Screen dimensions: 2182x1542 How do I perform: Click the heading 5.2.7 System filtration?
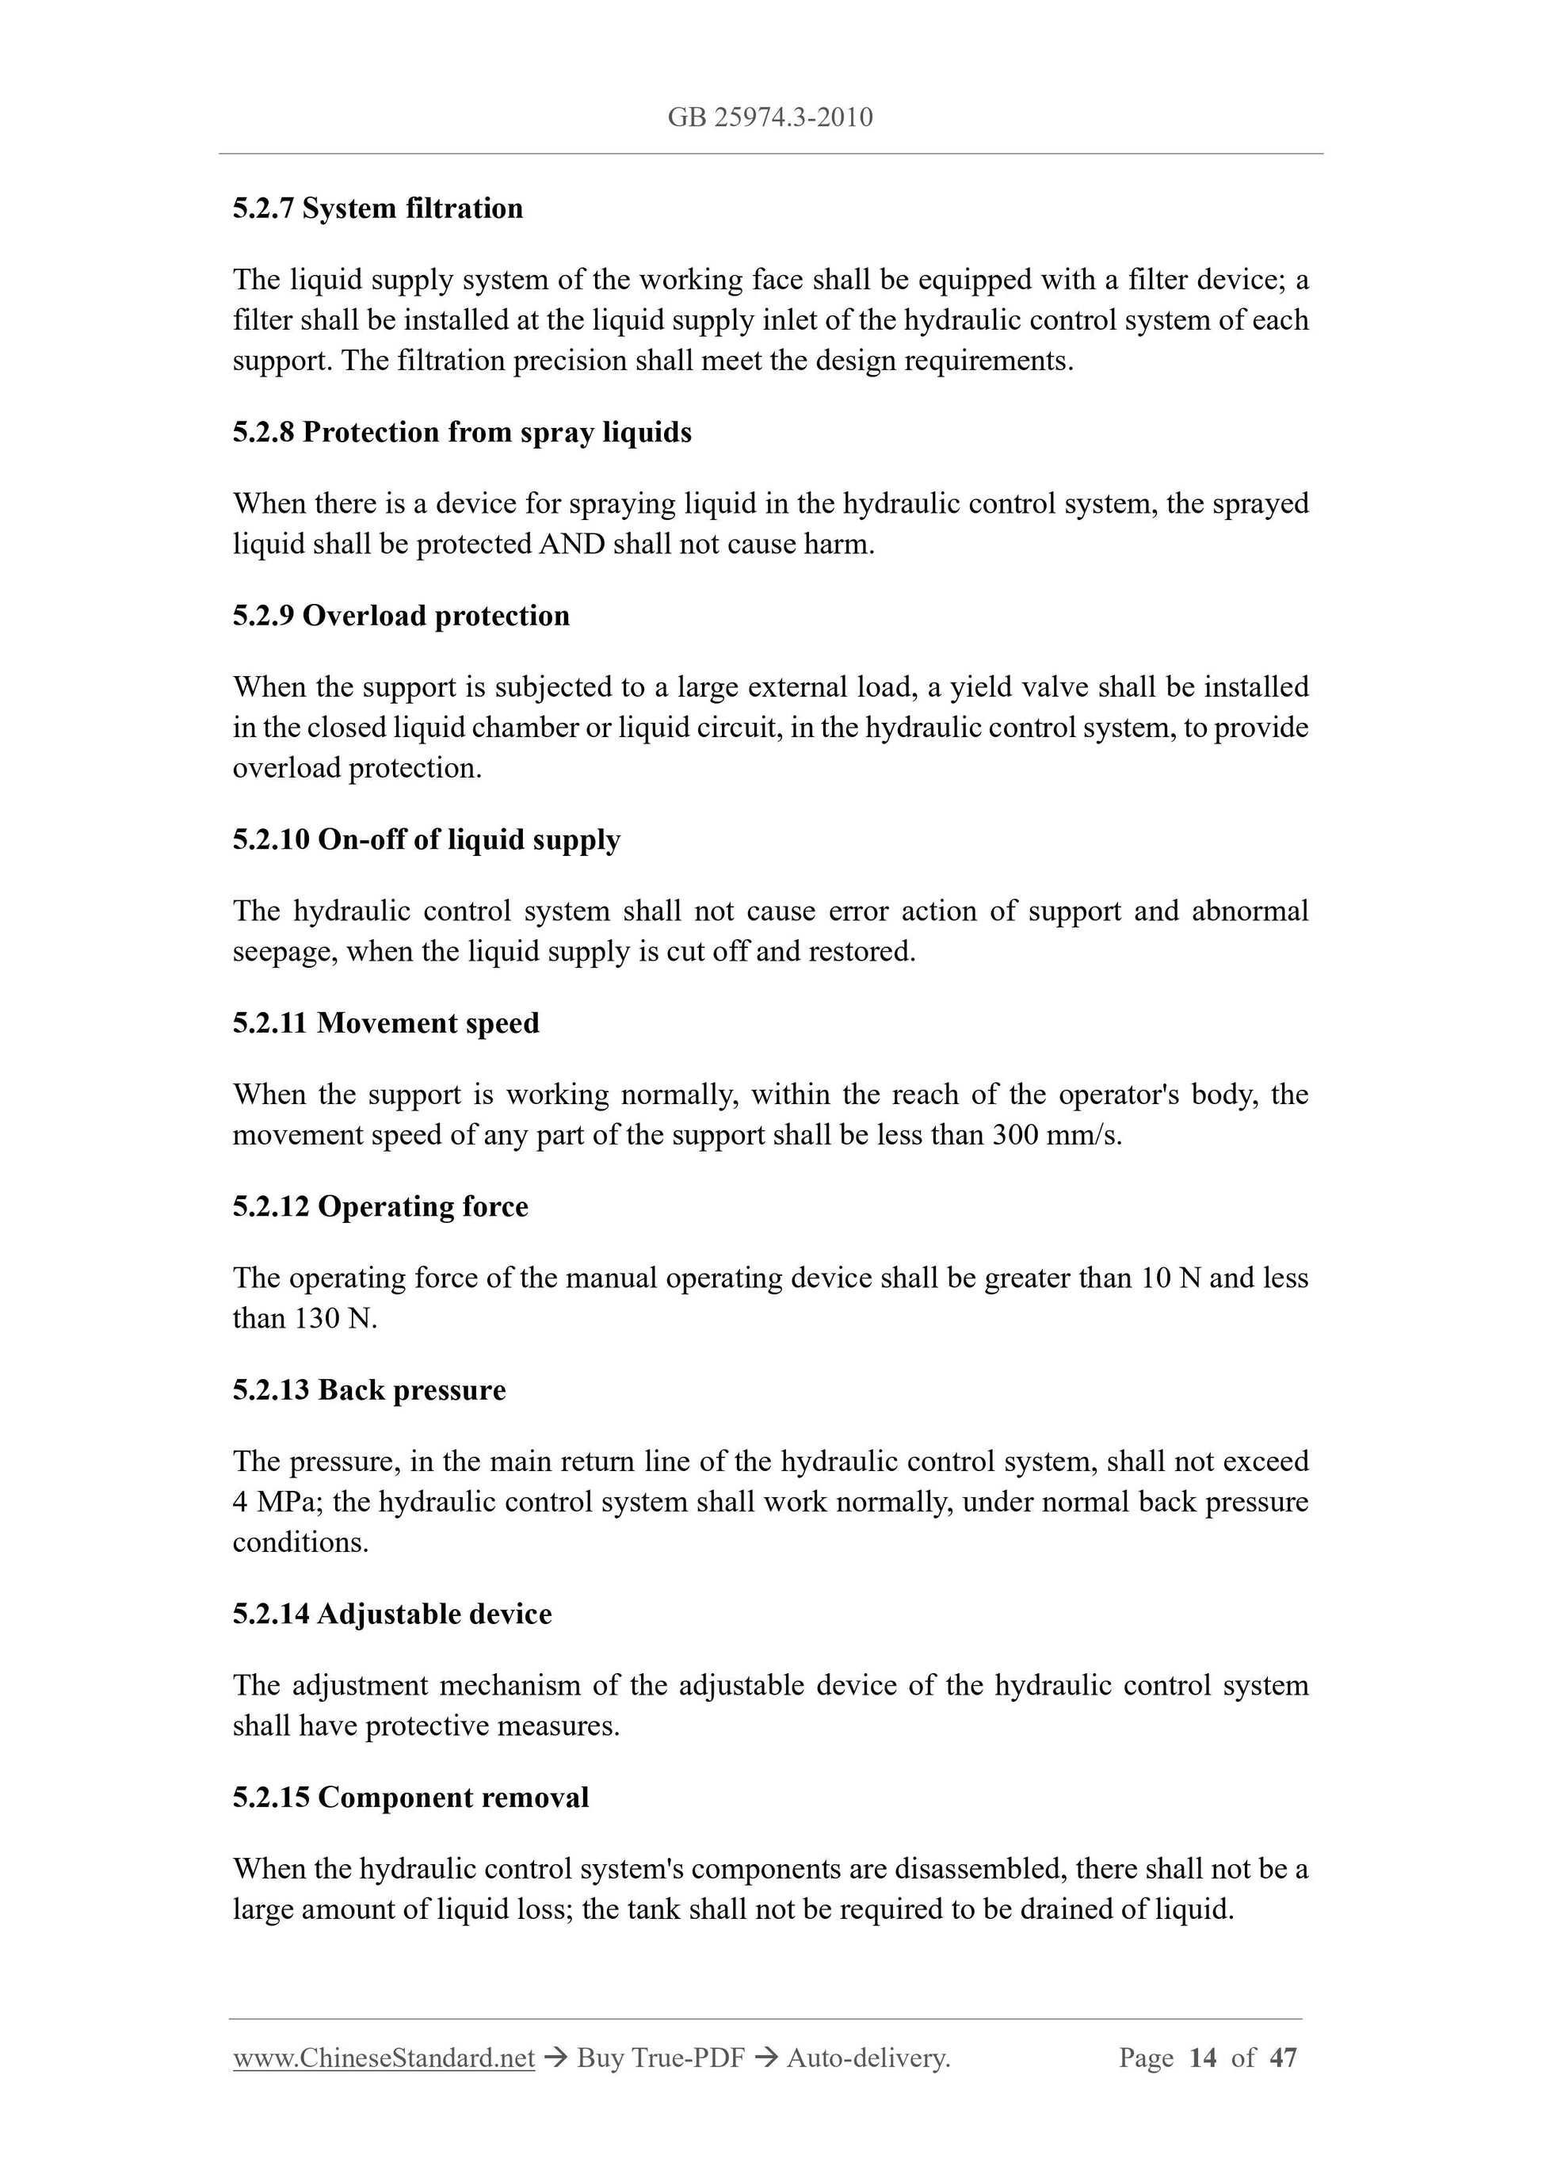pyautogui.click(x=377, y=208)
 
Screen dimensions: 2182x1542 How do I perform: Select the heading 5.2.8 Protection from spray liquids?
pyautogui.click(x=462, y=433)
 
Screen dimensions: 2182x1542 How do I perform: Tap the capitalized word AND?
pyautogui.click(x=572, y=545)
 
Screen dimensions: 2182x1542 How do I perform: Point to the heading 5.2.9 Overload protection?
pyautogui.click(x=401, y=616)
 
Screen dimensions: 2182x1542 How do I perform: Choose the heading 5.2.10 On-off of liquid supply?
pyautogui.click(x=426, y=840)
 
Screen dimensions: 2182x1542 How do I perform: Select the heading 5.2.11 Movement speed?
pyautogui.click(x=386, y=1023)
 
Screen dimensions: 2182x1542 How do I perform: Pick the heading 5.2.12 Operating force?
pyautogui.click(x=380, y=1207)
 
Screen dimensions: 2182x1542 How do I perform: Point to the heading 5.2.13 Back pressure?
pyautogui.click(x=368, y=1390)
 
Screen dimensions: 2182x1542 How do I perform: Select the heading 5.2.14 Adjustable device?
pyautogui.click(x=391, y=1615)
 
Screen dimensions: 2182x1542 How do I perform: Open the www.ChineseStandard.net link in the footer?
pyautogui.click(x=384, y=2058)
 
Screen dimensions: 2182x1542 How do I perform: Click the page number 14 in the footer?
pyautogui.click(x=1202, y=2058)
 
